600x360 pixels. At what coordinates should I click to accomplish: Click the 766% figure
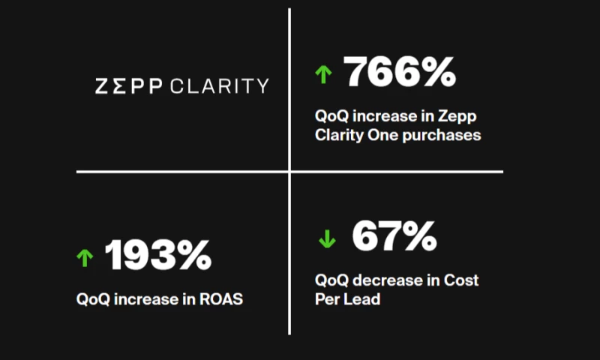(400, 73)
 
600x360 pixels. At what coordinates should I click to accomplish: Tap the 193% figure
(158, 256)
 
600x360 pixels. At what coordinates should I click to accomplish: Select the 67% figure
(394, 237)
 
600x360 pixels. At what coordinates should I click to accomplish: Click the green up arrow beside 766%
(323, 73)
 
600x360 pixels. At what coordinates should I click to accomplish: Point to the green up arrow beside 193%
(85, 257)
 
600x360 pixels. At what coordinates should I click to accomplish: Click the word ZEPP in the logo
(130, 85)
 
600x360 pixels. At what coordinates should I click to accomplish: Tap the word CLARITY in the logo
(220, 85)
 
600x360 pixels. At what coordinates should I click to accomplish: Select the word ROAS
(223, 298)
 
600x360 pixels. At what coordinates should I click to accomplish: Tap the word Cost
(460, 280)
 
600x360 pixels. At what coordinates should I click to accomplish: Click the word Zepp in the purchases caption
(459, 117)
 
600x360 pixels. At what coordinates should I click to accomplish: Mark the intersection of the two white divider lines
(289, 171)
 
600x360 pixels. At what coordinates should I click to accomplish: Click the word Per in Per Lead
(327, 298)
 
